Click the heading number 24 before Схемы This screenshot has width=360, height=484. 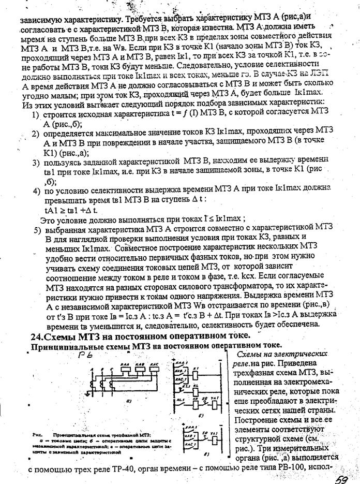tap(37, 336)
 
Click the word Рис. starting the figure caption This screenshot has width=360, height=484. tap(37, 435)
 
